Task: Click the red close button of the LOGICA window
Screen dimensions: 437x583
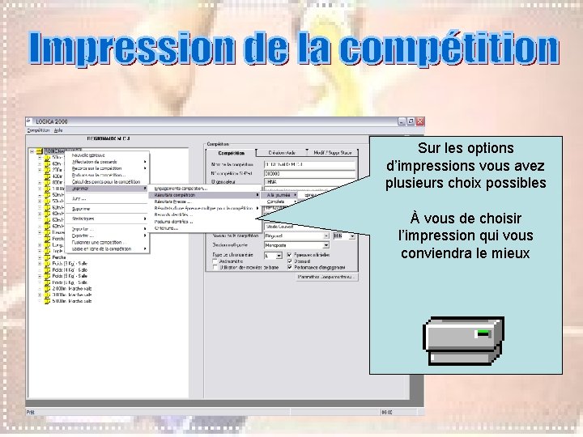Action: pos(419,121)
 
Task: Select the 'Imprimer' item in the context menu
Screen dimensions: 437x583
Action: pos(81,189)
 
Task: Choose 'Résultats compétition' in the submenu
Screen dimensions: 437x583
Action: pos(175,195)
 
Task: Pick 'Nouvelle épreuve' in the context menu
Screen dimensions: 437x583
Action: pos(88,155)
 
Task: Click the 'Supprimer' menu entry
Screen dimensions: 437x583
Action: pos(81,209)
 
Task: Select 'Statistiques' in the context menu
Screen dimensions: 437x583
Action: pos(83,218)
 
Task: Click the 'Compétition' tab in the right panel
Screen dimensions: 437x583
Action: pos(232,151)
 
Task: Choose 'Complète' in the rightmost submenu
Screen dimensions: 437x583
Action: pos(277,202)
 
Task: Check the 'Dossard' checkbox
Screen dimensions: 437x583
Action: pos(289,261)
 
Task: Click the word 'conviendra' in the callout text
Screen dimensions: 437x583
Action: pos(434,252)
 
